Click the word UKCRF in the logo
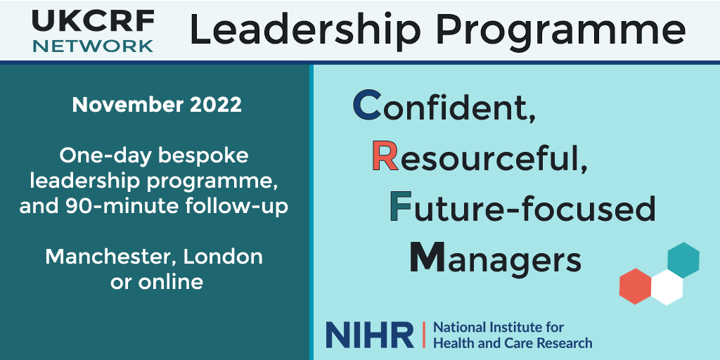pos(93,21)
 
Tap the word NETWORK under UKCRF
pos(93,46)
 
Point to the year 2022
pos(216,105)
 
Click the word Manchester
pos(111,257)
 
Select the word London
pos(223,257)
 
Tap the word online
pos(171,281)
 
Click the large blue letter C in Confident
pos(367,105)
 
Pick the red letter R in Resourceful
pos(385,156)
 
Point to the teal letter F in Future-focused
pos(400,207)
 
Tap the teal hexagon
pos(683,260)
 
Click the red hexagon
pos(635,286)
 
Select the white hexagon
pos(667,288)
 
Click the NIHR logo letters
pos(370,335)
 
